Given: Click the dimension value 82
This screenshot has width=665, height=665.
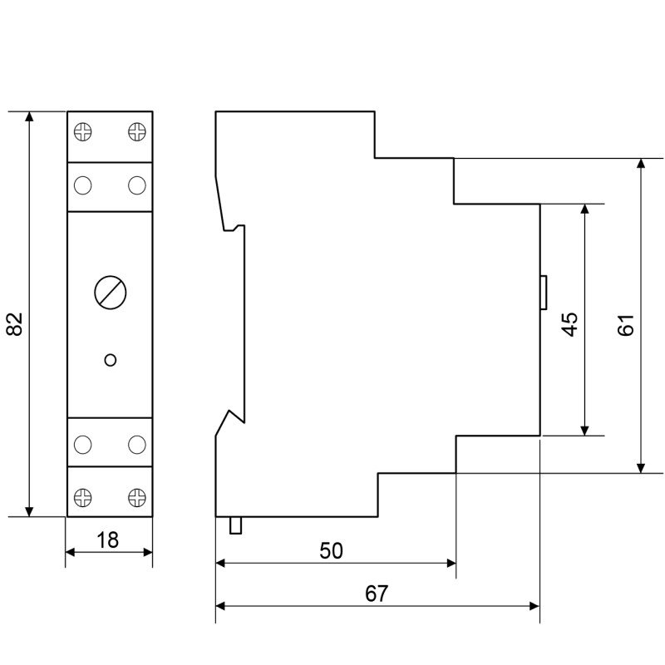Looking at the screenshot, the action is [15, 324].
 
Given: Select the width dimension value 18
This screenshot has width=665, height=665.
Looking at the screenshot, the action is [108, 540].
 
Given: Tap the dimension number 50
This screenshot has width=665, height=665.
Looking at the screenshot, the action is [331, 551].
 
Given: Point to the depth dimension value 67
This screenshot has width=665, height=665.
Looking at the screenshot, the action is [377, 594].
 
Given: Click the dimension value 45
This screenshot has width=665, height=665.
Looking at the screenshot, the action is [570, 324].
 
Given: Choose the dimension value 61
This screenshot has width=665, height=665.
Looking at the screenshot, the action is [627, 325].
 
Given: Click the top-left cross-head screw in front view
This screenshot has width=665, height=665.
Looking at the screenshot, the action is [82, 131].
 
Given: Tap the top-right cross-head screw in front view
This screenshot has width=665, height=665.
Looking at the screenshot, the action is [137, 131].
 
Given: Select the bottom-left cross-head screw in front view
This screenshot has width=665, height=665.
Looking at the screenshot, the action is [82, 497].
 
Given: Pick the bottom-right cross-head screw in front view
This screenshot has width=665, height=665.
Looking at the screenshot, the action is [137, 497].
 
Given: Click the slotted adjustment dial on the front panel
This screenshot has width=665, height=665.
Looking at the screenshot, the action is [111, 293].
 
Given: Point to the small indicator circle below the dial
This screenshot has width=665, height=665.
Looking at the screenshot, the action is [111, 360].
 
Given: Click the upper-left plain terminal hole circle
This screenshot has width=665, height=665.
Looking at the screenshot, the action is [82, 185].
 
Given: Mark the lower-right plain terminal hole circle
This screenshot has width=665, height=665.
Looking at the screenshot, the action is [137, 445].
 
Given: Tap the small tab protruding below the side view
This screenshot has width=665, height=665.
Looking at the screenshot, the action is [235, 525].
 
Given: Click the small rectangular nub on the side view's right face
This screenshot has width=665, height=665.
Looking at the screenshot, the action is [544, 293].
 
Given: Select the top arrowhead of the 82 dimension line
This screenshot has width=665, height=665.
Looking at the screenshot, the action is [29, 116].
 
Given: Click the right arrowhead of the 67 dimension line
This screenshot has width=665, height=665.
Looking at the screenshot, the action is [534, 606].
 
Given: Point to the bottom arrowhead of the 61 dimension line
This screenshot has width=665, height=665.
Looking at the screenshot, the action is [641, 468].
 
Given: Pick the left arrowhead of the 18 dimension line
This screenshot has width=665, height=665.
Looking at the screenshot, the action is [71, 552].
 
